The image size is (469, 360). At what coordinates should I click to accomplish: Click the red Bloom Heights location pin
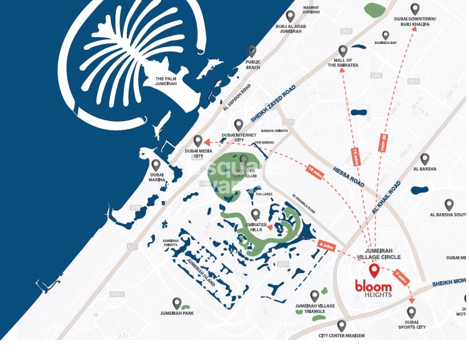374,271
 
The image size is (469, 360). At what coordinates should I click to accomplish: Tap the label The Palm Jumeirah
162,81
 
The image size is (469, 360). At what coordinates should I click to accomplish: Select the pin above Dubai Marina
155,165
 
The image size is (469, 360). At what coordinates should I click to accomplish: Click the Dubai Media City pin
198,141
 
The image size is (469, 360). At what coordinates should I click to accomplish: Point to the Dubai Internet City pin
239,125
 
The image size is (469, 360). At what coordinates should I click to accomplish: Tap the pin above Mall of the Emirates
343,51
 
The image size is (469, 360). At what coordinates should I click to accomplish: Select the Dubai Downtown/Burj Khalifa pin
415,9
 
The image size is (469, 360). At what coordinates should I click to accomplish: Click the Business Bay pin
386,35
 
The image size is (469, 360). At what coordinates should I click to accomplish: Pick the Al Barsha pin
424,159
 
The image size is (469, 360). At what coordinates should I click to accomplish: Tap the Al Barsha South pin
449,205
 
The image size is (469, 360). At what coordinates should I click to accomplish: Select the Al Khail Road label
386,198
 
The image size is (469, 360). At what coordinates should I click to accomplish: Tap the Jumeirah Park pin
177,303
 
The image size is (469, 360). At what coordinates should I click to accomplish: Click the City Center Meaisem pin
342,326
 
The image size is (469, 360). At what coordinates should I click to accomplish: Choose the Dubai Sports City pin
411,312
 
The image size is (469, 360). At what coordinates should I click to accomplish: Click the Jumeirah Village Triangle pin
315,296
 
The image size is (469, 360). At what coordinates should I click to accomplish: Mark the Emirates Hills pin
255,214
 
